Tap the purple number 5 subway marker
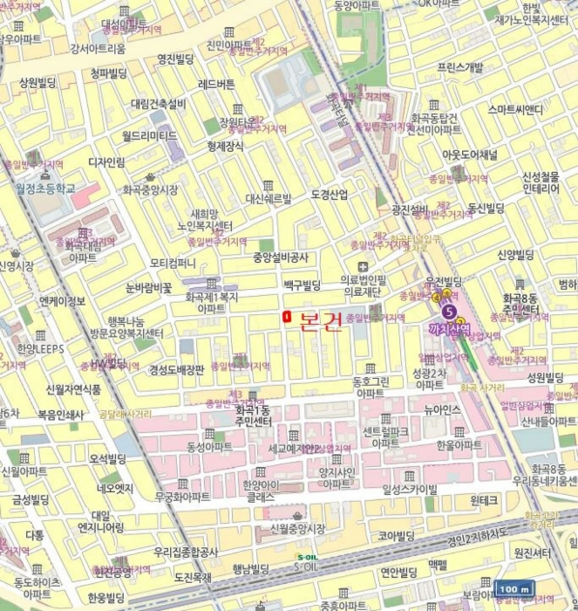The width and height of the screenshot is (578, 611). (449, 311)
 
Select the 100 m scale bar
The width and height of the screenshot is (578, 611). (514, 589)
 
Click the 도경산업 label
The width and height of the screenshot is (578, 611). (329, 194)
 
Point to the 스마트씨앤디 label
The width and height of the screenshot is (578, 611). (515, 109)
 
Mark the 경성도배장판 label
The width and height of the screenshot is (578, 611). (176, 369)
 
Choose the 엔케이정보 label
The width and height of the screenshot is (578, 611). (63, 301)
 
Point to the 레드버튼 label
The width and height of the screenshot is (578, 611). (217, 85)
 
